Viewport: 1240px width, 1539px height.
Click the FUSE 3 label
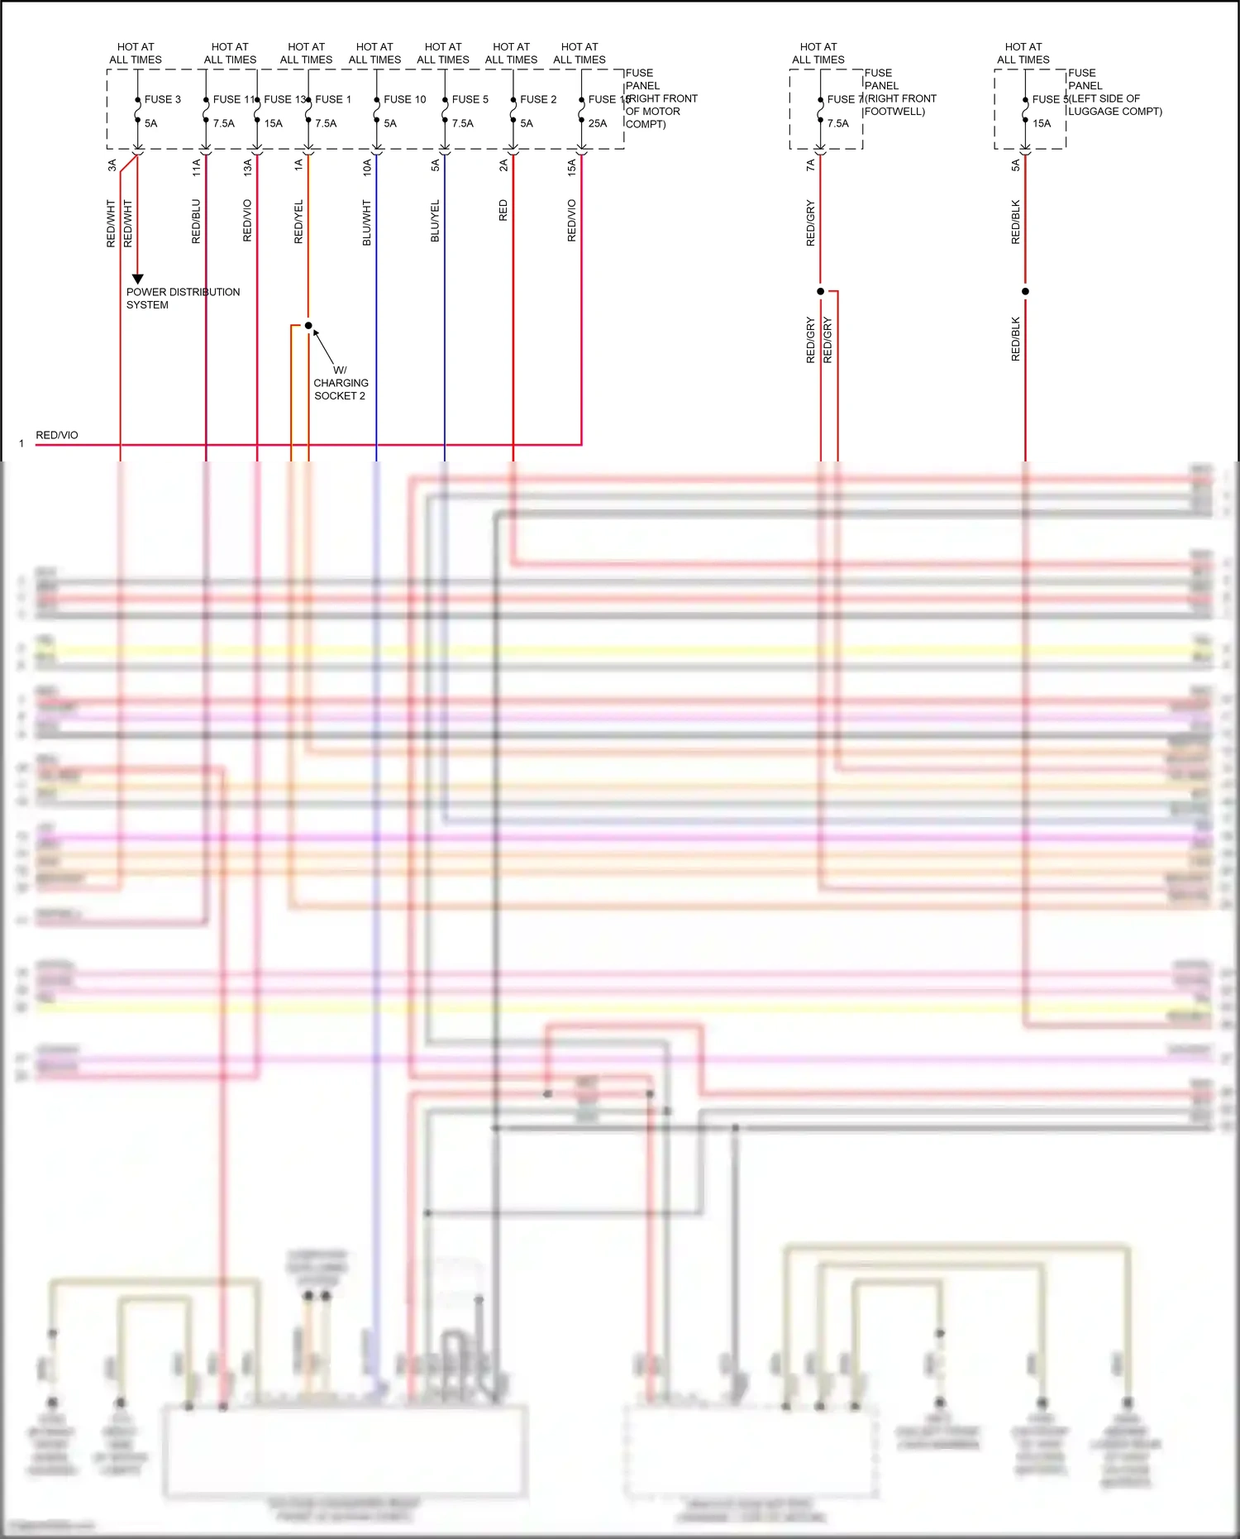click(162, 99)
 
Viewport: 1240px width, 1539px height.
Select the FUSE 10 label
click(404, 99)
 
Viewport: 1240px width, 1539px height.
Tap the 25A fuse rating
click(597, 123)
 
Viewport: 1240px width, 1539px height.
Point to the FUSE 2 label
click(538, 99)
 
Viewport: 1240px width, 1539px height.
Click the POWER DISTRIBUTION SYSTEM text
click(183, 299)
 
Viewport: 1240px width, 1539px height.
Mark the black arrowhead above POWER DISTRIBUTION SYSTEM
click(138, 279)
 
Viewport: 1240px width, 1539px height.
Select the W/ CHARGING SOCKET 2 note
click(340, 383)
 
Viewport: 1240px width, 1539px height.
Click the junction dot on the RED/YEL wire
click(308, 325)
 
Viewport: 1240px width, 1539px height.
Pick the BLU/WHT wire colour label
click(367, 222)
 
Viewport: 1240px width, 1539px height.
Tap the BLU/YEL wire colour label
click(435, 221)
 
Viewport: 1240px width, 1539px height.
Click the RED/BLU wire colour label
click(196, 221)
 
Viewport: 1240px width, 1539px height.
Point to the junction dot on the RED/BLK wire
click(1025, 291)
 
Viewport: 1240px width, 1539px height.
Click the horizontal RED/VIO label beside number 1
click(57, 435)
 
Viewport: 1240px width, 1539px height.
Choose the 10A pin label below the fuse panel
click(367, 166)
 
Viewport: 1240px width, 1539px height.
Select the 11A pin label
click(196, 166)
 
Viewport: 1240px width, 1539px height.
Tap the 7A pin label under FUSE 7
click(810, 165)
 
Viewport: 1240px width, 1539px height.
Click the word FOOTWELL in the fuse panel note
click(893, 112)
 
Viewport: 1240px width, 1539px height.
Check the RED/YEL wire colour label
click(298, 221)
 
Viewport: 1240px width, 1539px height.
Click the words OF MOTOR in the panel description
click(652, 112)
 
